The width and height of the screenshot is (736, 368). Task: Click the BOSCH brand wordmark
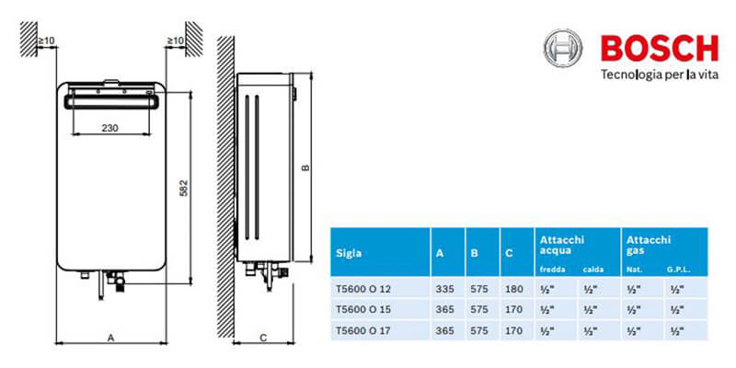[660, 48]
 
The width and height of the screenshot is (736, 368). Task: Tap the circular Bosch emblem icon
[563, 48]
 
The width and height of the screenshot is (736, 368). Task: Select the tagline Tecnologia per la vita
[660, 75]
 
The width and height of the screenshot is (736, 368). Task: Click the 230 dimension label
[110, 128]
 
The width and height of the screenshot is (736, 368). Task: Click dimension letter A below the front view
[111, 337]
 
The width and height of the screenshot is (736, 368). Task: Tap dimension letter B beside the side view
[305, 167]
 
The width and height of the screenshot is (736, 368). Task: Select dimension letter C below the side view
[263, 337]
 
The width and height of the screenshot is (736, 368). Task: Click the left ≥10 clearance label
[47, 40]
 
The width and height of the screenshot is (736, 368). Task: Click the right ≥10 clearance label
[176, 40]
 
